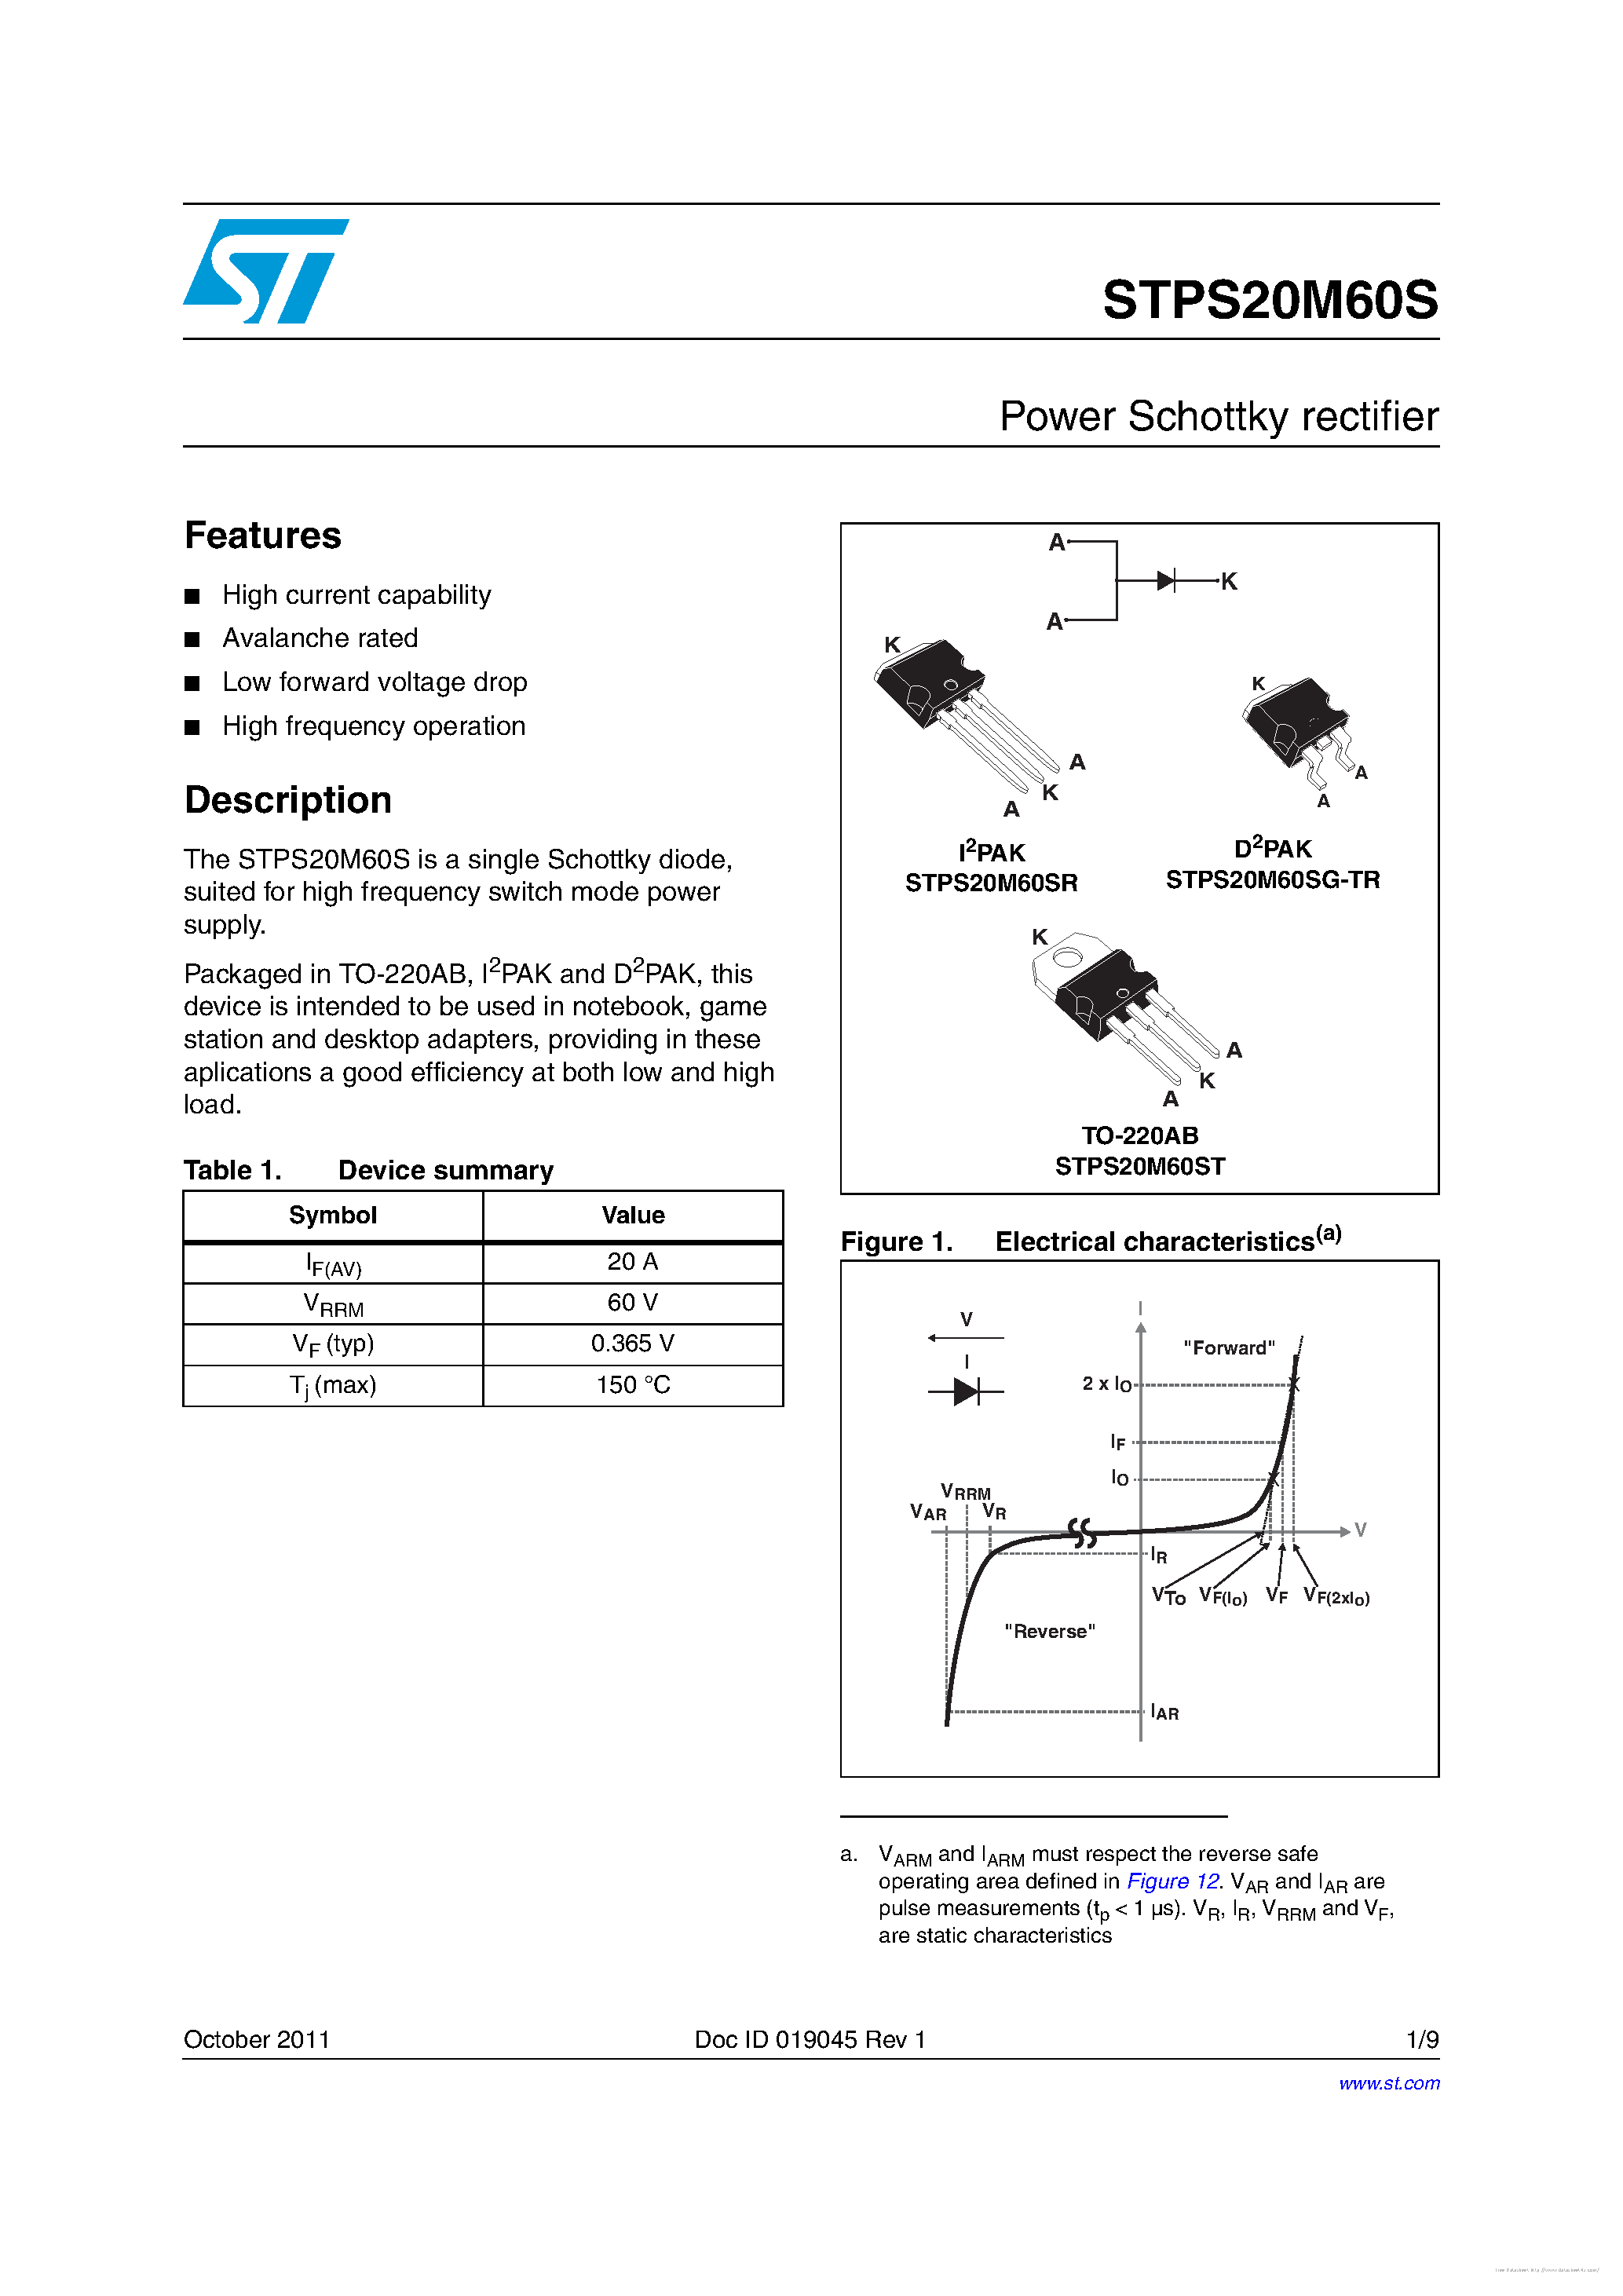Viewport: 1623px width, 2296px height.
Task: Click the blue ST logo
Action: pos(264,271)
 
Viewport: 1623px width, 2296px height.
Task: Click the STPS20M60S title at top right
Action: pos(1269,300)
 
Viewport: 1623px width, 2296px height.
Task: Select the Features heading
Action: pos(263,536)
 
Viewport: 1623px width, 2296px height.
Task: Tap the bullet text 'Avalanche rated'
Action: pos(320,638)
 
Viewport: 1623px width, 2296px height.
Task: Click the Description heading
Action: pos(288,800)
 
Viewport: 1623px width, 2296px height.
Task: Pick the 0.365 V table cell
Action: pos(632,1343)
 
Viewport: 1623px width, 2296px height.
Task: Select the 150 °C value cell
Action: pos(632,1385)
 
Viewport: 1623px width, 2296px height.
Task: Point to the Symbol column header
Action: pos(333,1215)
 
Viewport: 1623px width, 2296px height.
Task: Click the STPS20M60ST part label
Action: pos(1139,1166)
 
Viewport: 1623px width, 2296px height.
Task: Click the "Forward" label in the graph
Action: pos(1228,1348)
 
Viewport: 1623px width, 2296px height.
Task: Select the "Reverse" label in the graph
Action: pos(1049,1631)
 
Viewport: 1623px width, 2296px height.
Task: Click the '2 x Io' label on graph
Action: pos(1106,1384)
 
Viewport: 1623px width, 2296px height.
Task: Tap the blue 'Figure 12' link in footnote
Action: pos(1172,1881)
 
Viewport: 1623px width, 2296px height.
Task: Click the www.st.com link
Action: pos(1388,2083)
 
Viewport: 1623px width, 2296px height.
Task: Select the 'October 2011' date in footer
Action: pos(256,2039)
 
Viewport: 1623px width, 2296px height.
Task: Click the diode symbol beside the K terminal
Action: pos(1166,580)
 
